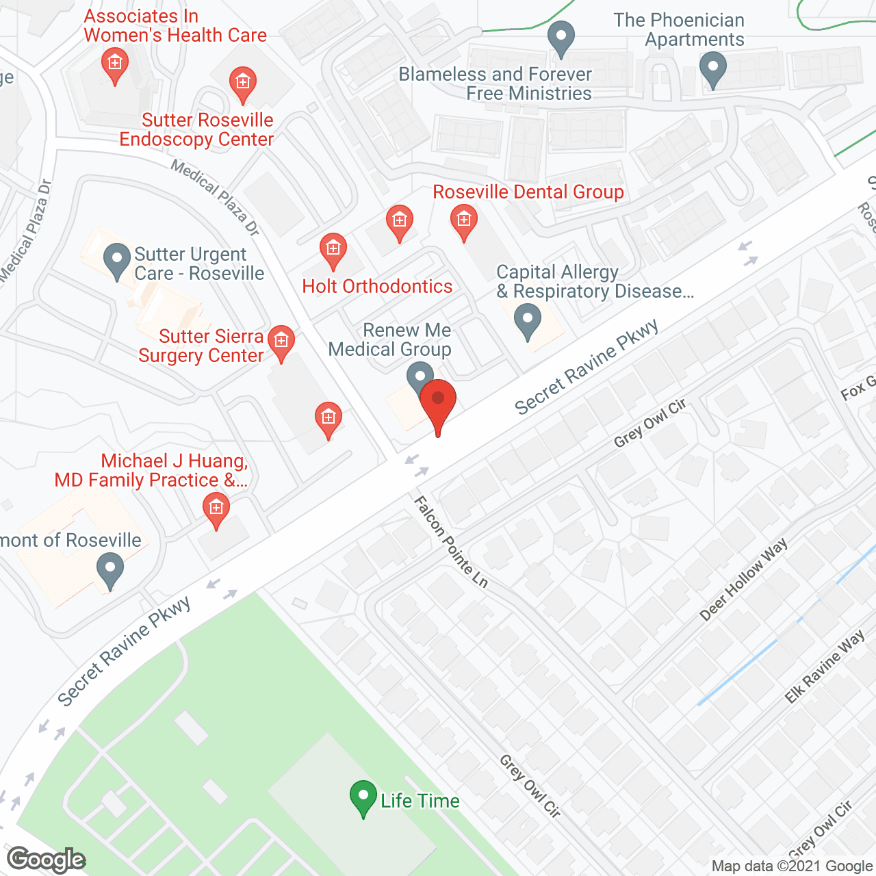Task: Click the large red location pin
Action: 438,404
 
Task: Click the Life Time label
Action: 420,801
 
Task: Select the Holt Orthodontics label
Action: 377,286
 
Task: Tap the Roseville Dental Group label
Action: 528,192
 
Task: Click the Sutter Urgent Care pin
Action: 116,261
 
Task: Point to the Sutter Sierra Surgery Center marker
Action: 281,342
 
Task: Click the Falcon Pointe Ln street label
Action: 451,542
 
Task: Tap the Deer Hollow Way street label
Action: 743,580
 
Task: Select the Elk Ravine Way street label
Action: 825,667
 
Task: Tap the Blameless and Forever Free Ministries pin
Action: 561,38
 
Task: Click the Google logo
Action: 46,860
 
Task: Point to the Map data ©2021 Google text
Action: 792,866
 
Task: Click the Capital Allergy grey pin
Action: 527,320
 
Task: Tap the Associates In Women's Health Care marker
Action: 114,66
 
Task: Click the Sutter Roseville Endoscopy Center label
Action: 196,129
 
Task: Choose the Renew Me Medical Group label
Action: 390,339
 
